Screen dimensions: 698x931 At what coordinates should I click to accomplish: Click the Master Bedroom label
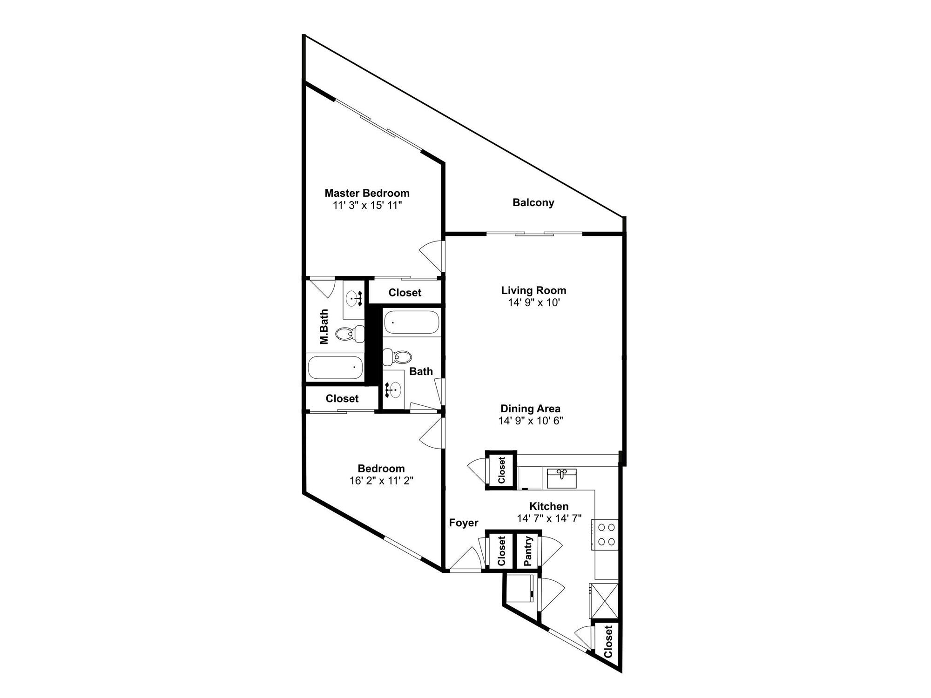point(367,193)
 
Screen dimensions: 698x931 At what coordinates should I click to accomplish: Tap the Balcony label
point(533,203)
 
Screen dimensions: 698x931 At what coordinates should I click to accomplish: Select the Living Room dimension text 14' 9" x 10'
point(533,303)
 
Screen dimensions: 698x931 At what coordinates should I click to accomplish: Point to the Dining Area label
point(530,409)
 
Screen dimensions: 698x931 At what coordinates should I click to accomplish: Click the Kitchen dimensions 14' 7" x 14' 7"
point(549,519)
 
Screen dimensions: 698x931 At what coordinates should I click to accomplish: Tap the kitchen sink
point(561,478)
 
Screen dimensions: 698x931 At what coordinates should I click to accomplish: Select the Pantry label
point(528,551)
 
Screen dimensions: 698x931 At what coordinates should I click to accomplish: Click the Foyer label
point(463,523)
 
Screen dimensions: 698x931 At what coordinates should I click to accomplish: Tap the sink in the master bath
point(354,298)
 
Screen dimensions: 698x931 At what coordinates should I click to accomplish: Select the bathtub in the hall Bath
point(412,322)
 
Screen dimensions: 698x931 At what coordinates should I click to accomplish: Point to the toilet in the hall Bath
point(398,357)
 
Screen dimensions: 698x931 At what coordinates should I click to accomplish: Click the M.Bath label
point(324,327)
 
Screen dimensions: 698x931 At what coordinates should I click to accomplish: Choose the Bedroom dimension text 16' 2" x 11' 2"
point(381,481)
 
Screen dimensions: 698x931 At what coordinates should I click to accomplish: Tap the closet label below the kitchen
point(607,642)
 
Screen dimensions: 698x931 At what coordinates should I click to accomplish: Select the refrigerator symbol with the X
point(604,601)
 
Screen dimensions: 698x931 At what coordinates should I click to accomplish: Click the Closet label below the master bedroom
point(405,293)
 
